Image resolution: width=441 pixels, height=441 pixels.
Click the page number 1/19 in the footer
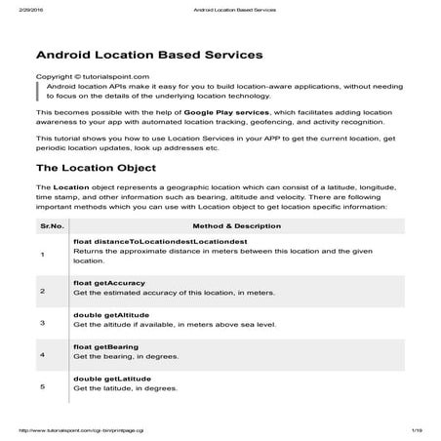417,430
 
